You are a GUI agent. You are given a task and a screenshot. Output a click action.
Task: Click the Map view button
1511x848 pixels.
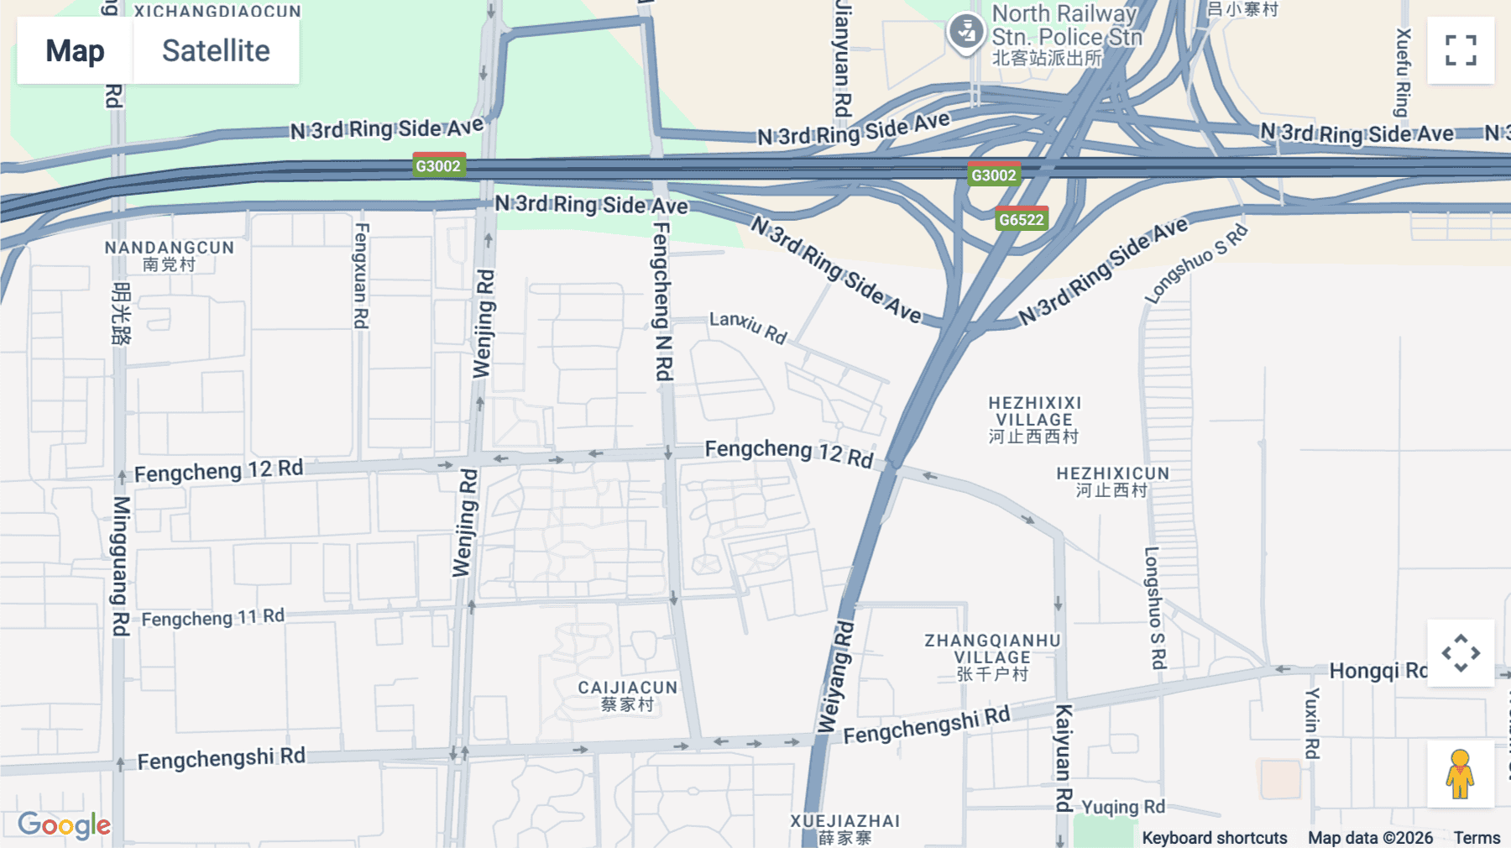click(75, 50)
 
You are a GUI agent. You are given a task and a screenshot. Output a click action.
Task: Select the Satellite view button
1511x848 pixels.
click(216, 50)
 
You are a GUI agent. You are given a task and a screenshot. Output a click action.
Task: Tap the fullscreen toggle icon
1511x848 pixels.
click(1461, 50)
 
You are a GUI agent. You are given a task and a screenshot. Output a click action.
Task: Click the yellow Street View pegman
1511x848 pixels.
click(1460, 774)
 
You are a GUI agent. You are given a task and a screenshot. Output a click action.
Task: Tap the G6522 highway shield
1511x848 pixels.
click(1021, 219)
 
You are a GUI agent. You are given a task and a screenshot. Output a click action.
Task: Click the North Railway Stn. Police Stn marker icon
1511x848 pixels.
click(966, 33)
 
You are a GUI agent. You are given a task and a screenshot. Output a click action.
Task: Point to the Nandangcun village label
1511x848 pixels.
click(169, 255)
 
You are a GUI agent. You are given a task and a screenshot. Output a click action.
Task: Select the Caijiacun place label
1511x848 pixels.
click(627, 695)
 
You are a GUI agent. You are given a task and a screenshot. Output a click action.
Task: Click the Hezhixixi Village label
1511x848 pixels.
click(1034, 419)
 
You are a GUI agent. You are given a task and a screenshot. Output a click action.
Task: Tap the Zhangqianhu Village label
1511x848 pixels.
click(992, 657)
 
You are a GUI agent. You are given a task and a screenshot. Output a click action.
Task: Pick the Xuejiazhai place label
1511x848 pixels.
click(844, 828)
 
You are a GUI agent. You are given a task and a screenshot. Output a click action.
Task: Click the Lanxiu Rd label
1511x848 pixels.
click(748, 327)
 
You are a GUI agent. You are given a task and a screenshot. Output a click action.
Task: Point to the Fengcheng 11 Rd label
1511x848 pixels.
click(212, 618)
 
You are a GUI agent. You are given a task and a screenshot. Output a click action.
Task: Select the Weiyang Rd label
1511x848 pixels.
click(836, 677)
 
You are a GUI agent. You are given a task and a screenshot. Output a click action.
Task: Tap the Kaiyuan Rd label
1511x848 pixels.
click(1063, 758)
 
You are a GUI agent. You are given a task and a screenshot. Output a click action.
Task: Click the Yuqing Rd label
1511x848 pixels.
click(1122, 807)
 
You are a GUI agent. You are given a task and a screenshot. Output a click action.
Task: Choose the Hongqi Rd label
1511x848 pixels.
click(1377, 670)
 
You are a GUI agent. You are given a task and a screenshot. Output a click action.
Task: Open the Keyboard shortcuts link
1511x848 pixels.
click(1214, 837)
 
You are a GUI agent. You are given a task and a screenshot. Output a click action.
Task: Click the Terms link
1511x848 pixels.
click(1477, 837)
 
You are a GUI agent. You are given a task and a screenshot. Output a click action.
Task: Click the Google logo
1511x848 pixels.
click(64, 825)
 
